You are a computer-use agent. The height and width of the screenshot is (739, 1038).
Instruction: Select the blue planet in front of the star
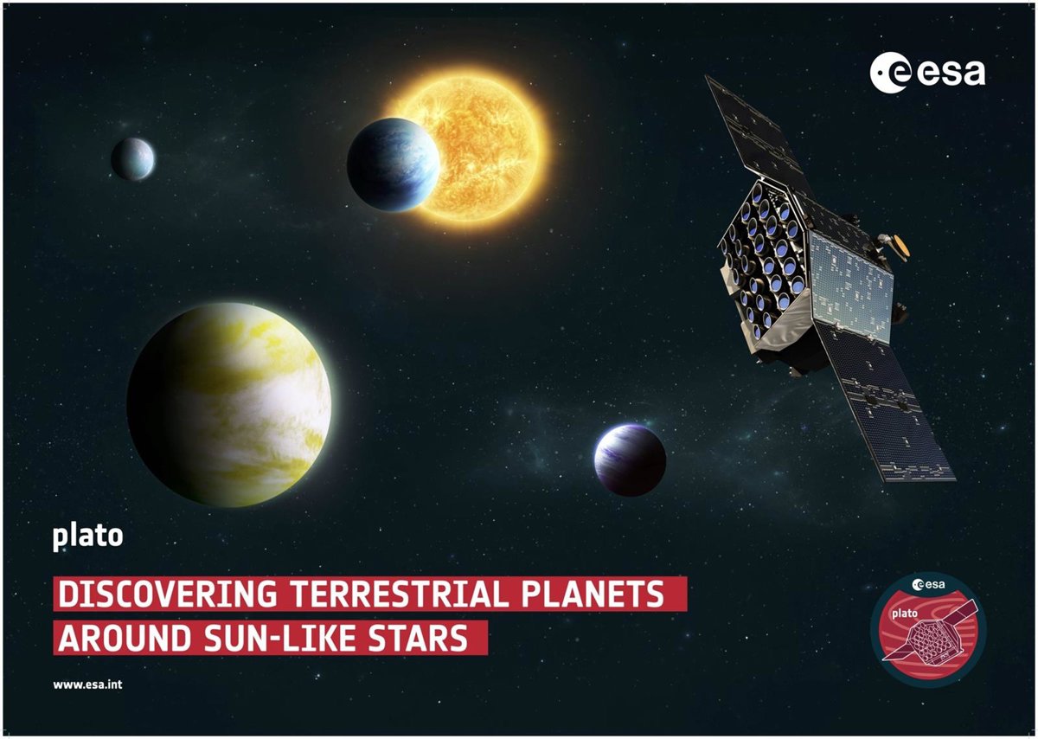(393, 164)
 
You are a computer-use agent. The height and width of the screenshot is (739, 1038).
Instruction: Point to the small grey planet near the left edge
(133, 158)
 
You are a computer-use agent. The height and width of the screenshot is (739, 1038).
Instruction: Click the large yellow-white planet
(229, 404)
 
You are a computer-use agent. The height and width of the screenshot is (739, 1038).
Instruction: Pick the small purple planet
(631, 459)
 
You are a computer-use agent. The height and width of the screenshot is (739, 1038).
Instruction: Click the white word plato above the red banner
(87, 537)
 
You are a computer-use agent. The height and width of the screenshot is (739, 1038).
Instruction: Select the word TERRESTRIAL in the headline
(400, 594)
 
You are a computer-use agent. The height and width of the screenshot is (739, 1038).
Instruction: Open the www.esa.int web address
(87, 684)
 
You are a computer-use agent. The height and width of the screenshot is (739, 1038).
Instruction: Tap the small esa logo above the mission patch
(928, 585)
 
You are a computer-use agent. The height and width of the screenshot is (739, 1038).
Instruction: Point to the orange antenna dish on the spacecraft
(901, 248)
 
